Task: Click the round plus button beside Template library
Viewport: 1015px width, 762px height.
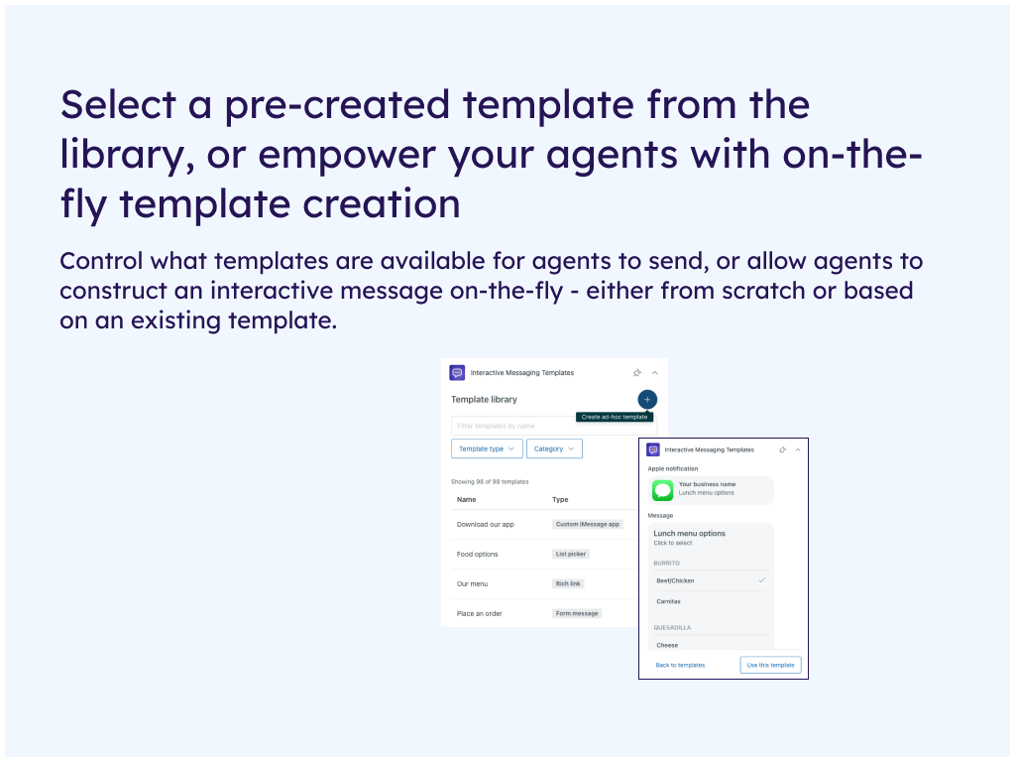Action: click(646, 399)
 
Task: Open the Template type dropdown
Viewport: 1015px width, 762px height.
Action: click(487, 448)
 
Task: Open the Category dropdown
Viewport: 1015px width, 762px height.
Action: click(554, 448)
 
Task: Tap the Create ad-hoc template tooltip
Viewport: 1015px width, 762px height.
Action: click(615, 417)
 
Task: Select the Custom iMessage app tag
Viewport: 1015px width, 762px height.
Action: click(587, 524)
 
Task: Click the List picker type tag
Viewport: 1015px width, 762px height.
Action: click(570, 554)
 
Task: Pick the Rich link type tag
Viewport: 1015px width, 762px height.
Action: click(568, 583)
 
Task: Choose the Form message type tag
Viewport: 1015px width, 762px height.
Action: click(577, 613)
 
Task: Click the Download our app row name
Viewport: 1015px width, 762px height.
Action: click(486, 524)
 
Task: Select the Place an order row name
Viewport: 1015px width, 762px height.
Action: click(479, 613)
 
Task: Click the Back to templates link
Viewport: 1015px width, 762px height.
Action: click(680, 665)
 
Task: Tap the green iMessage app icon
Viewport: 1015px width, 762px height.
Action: click(662, 490)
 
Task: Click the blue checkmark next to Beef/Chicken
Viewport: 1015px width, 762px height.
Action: click(762, 579)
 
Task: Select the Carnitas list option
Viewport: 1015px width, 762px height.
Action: click(668, 601)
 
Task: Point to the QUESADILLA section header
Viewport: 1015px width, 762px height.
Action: click(672, 627)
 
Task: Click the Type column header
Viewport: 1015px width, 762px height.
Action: click(560, 500)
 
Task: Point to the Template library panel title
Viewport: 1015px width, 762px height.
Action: click(484, 399)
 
